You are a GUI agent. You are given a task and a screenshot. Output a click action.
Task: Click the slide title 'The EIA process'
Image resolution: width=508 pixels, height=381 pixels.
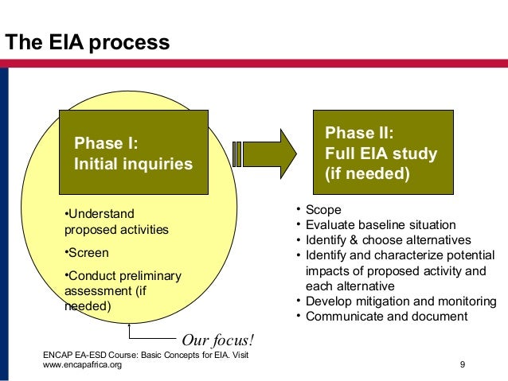88,42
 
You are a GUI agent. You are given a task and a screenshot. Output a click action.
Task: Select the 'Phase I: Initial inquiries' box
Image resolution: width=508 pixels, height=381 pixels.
133,153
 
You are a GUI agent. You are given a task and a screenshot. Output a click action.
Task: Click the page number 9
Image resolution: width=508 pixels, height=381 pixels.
463,364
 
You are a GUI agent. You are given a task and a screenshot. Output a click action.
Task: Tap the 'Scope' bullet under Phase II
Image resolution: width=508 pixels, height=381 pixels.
323,210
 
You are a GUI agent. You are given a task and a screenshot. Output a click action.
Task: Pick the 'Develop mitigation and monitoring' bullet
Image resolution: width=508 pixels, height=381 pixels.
401,301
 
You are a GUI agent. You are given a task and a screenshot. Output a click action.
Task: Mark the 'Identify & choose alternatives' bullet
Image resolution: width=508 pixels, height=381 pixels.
388,240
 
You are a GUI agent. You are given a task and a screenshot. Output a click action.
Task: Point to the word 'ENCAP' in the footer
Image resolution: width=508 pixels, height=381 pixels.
58,354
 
